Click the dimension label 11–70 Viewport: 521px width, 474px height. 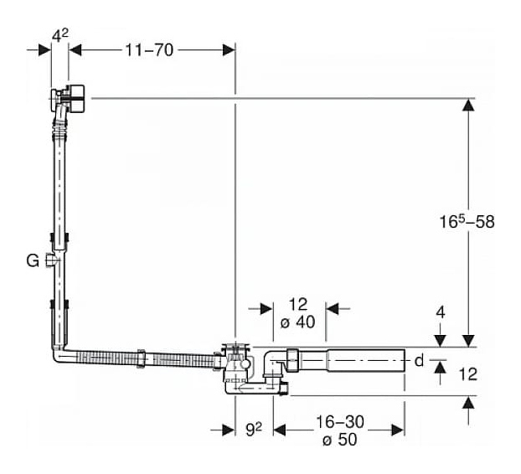click(x=149, y=49)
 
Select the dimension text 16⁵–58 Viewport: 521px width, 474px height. click(x=467, y=222)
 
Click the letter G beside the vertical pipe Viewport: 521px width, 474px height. click(x=32, y=260)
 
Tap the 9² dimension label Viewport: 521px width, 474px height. click(x=254, y=430)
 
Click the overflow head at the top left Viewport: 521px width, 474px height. click(x=72, y=98)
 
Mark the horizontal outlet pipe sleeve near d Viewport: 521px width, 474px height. click(x=364, y=361)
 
